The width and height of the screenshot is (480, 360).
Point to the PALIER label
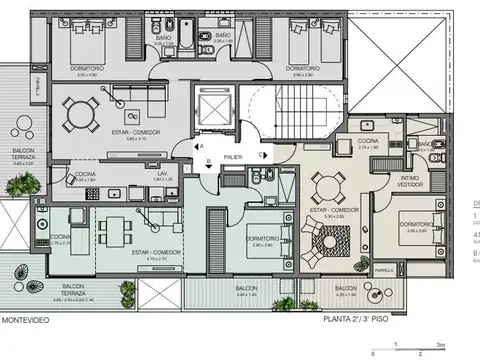(x=232, y=157)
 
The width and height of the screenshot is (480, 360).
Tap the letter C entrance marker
(x=261, y=155)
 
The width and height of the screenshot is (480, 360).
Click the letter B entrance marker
(x=207, y=162)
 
